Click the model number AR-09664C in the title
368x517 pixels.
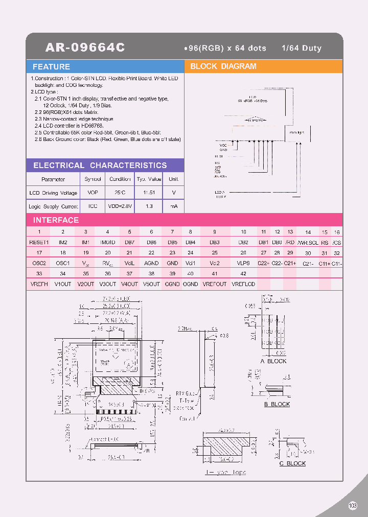[85, 48]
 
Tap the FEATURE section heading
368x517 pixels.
[51, 67]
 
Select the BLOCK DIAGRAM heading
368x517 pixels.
[223, 66]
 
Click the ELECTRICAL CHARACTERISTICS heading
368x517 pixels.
[100, 166]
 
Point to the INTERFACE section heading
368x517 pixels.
[56, 220]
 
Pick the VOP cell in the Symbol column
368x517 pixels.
[93, 193]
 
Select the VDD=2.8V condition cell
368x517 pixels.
[120, 206]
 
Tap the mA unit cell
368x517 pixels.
[174, 206]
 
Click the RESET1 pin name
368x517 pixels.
[39, 242]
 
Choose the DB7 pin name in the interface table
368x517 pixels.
[130, 242]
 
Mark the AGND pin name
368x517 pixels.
[151, 263]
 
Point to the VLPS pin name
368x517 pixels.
[243, 263]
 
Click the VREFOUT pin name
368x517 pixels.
[215, 284]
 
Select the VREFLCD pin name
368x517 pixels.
[243, 284]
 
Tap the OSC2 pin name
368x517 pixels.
[39, 263]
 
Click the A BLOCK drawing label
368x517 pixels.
[273, 361]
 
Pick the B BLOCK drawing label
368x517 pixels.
[277, 404]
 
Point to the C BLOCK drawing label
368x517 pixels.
[292, 463]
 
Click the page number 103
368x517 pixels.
[353, 505]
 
